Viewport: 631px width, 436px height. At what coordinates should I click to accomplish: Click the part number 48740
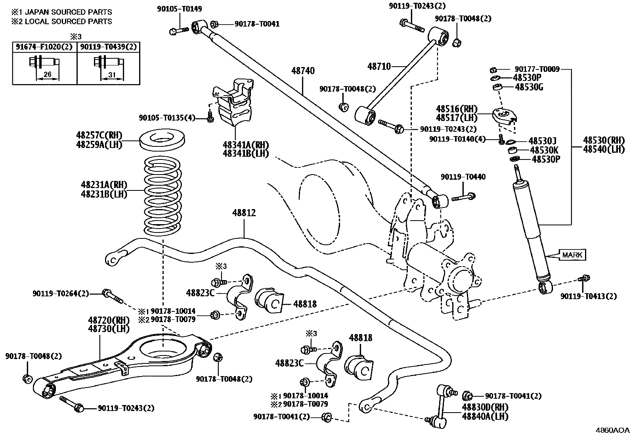(303, 71)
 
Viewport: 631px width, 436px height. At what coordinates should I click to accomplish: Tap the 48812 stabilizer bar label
(244, 213)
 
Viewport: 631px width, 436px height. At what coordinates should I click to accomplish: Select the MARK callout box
(572, 255)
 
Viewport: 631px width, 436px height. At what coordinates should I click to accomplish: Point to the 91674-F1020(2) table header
(44, 47)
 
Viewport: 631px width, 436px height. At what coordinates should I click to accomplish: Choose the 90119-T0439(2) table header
(109, 47)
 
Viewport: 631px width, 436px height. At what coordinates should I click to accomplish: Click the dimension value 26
(48, 74)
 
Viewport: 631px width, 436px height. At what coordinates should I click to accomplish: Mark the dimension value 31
(112, 74)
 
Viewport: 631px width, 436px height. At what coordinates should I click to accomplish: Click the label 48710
(379, 66)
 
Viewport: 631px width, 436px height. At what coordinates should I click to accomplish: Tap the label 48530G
(529, 87)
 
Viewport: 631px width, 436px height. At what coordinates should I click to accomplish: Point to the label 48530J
(543, 141)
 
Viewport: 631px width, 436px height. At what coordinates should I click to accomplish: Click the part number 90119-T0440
(463, 177)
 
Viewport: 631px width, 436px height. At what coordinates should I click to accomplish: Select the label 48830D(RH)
(485, 407)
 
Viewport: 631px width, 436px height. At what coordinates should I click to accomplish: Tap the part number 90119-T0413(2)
(589, 296)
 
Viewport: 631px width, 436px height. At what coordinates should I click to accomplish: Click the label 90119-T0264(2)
(61, 294)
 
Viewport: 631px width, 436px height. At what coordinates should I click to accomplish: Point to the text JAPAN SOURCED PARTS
(69, 12)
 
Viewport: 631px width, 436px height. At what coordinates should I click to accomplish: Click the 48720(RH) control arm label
(103, 320)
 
